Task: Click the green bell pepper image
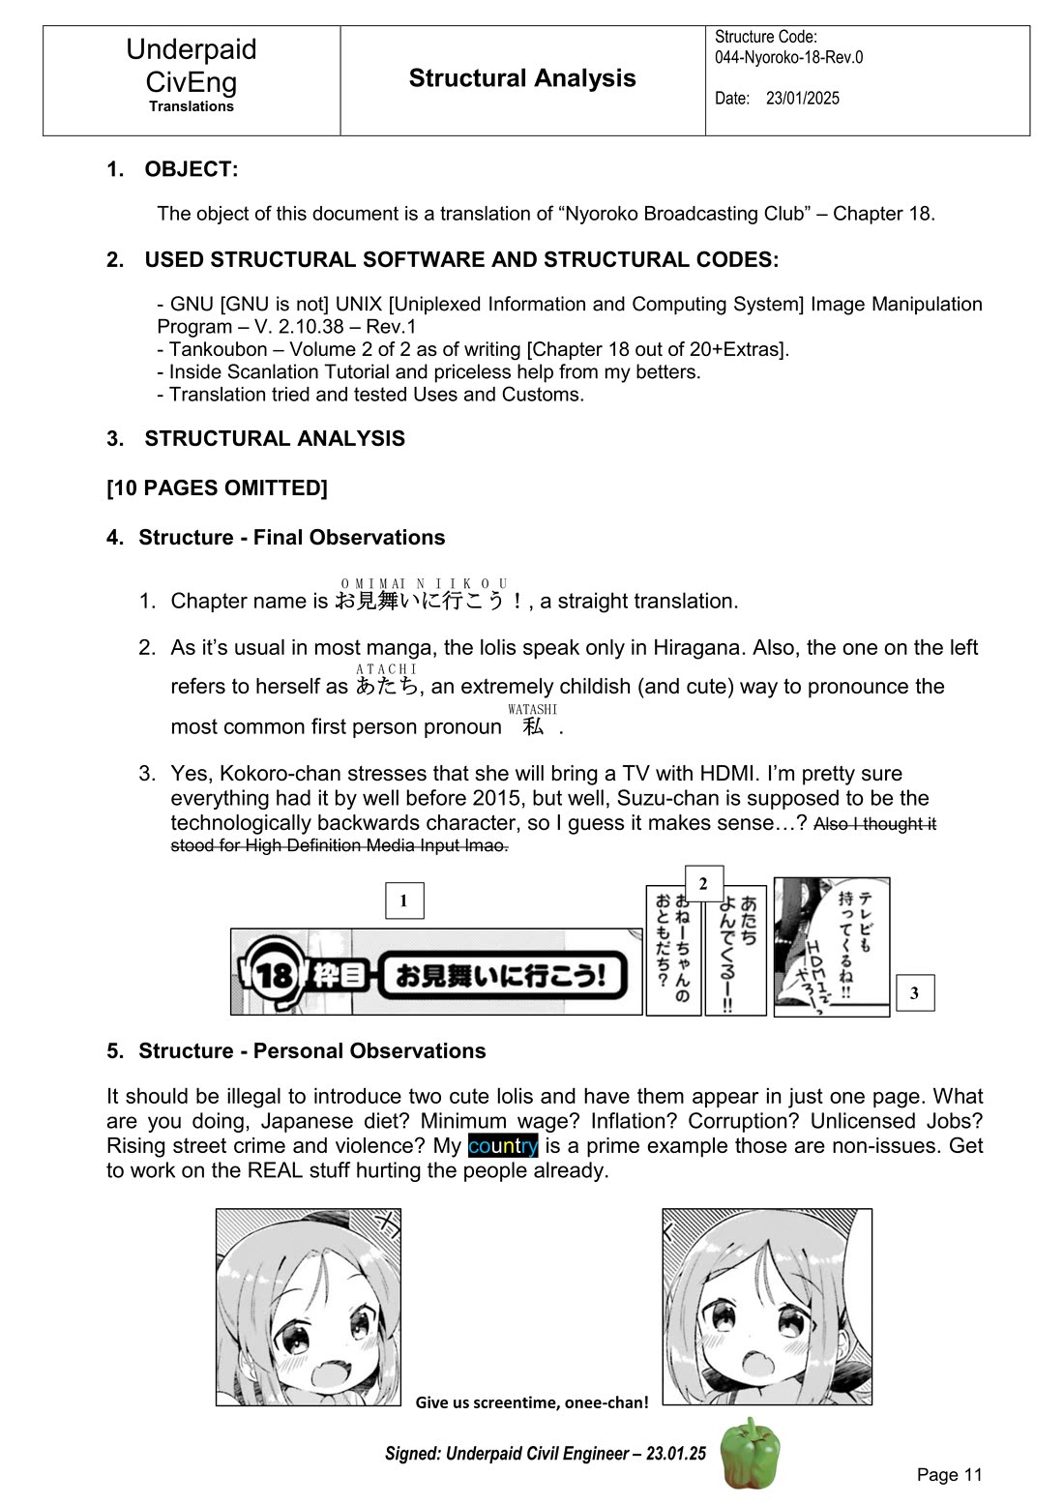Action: (x=751, y=1454)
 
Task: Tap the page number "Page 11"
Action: (x=949, y=1474)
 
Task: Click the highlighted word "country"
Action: (x=502, y=1146)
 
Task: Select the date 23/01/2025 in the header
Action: (x=802, y=99)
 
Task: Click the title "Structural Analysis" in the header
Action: (x=522, y=78)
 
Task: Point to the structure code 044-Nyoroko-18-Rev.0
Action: (x=788, y=57)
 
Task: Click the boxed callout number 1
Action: (x=403, y=900)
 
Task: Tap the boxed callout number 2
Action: (x=703, y=883)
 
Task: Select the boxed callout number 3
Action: (x=914, y=992)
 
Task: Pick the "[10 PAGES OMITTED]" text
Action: (x=217, y=487)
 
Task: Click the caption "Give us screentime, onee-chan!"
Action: (x=532, y=1402)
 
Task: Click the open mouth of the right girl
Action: (x=756, y=1364)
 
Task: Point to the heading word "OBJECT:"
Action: (x=191, y=169)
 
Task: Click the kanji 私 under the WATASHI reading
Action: (x=533, y=726)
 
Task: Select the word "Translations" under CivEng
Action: (x=192, y=106)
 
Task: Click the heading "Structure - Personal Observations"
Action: (x=311, y=1050)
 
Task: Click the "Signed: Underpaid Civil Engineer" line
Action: (x=545, y=1453)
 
